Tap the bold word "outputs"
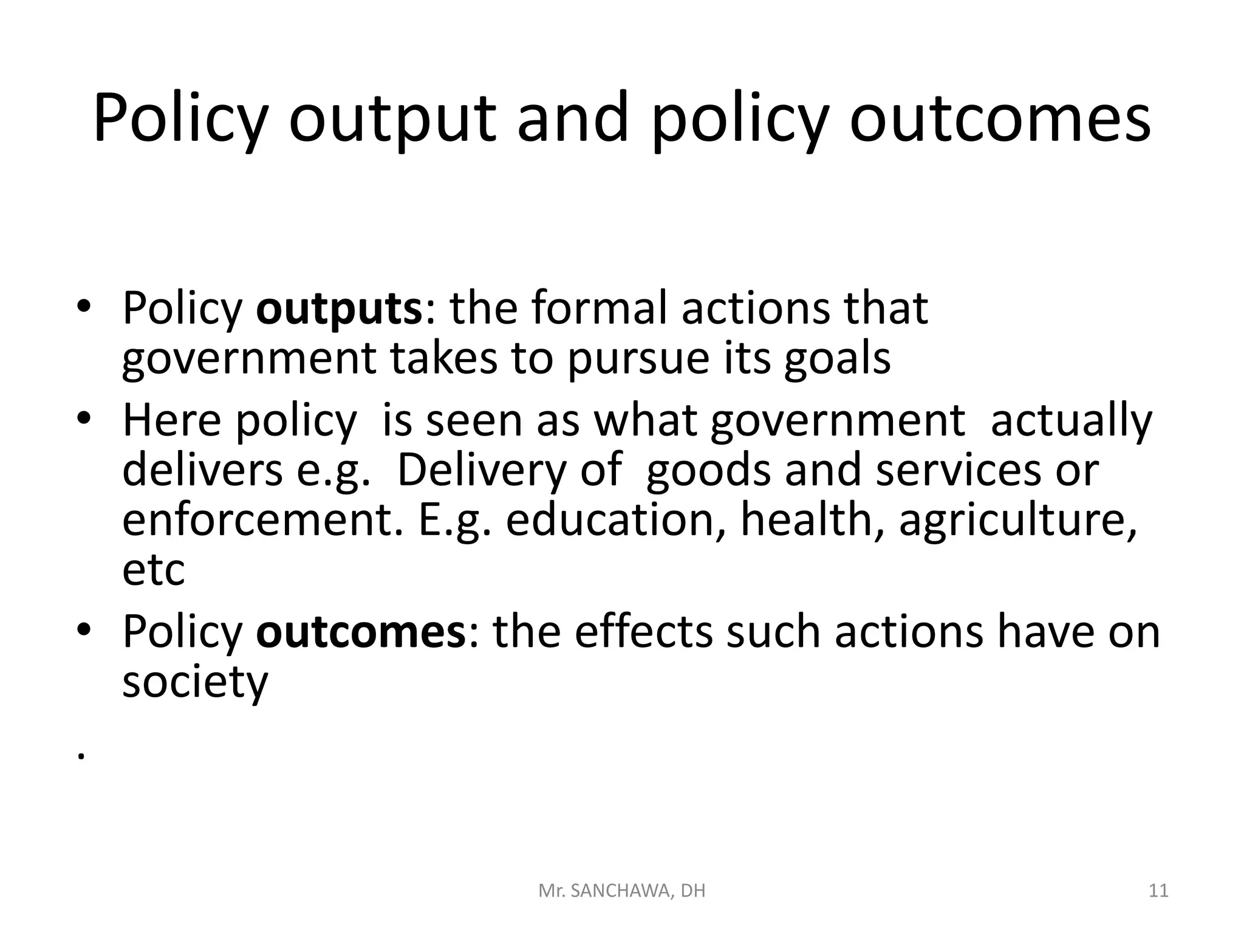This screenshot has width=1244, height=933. pyautogui.click(x=338, y=309)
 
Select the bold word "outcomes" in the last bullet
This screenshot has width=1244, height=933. pyautogui.click(x=360, y=632)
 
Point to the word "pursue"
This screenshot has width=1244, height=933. pyautogui.click(x=638, y=359)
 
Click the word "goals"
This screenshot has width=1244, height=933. pyautogui.click(x=837, y=359)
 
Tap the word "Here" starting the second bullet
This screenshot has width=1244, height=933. pyautogui.click(x=172, y=420)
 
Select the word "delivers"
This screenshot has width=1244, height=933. pyautogui.click(x=202, y=470)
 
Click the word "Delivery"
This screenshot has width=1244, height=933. pyautogui.click(x=480, y=471)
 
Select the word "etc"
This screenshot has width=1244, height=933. pyautogui.click(x=153, y=571)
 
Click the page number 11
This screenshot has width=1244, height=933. pyautogui.click(x=1159, y=891)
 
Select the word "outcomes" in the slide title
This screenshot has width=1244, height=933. pyautogui.click(x=999, y=119)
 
